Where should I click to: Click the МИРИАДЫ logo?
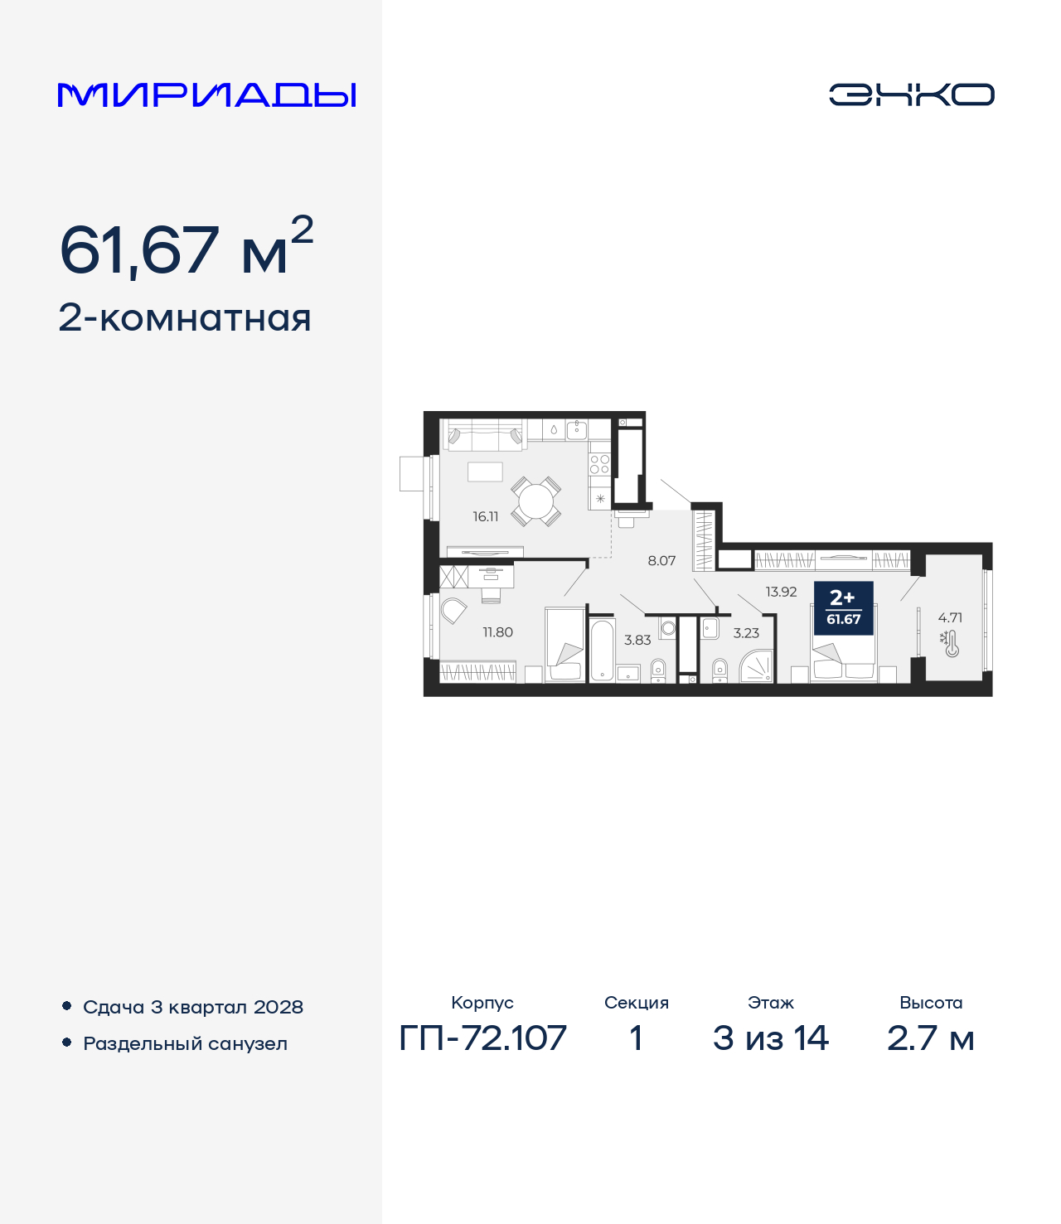(x=206, y=94)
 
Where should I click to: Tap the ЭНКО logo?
(x=911, y=94)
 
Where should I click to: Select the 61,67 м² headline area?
(x=187, y=249)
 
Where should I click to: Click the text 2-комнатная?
(x=185, y=318)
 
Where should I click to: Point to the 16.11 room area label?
(x=486, y=516)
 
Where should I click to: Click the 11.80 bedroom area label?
(x=497, y=632)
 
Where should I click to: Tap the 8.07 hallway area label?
(x=661, y=561)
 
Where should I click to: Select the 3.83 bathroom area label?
(x=637, y=640)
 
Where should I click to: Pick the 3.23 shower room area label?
(x=746, y=633)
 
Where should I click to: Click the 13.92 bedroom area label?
(x=781, y=592)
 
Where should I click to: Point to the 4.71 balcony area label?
(x=950, y=617)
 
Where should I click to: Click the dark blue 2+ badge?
(x=843, y=607)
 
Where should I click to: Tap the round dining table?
(x=535, y=501)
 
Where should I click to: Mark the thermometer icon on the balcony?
(x=950, y=643)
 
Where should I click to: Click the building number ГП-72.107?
(x=482, y=1038)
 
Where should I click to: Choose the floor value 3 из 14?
(x=770, y=1038)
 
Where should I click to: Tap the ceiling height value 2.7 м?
(x=930, y=1038)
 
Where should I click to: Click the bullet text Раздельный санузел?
(x=185, y=1043)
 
